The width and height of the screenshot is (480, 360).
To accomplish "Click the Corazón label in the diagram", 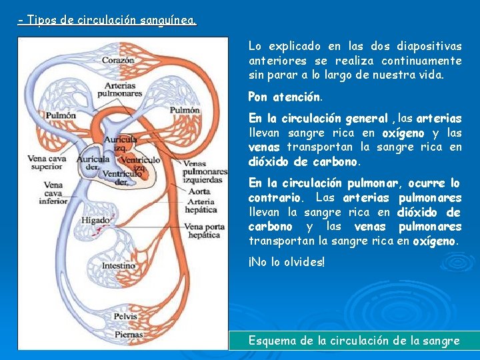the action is (119, 61).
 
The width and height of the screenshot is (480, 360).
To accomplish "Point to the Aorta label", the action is (199, 191).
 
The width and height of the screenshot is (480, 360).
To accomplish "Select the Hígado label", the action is (96, 220).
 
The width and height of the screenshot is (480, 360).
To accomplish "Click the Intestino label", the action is (119, 266).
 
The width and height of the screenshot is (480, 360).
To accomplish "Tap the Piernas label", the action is (128, 334).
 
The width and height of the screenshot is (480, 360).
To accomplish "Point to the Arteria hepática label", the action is (201, 205).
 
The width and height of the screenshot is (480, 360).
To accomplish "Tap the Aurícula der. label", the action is (92, 164).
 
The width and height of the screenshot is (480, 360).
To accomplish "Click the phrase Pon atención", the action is (285, 97).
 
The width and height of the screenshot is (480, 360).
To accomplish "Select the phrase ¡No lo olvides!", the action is (287, 263).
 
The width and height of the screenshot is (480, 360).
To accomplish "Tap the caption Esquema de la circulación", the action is (353, 340).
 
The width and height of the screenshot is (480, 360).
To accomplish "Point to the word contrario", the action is (275, 198).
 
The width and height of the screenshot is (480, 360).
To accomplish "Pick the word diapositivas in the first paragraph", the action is (429, 46).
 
